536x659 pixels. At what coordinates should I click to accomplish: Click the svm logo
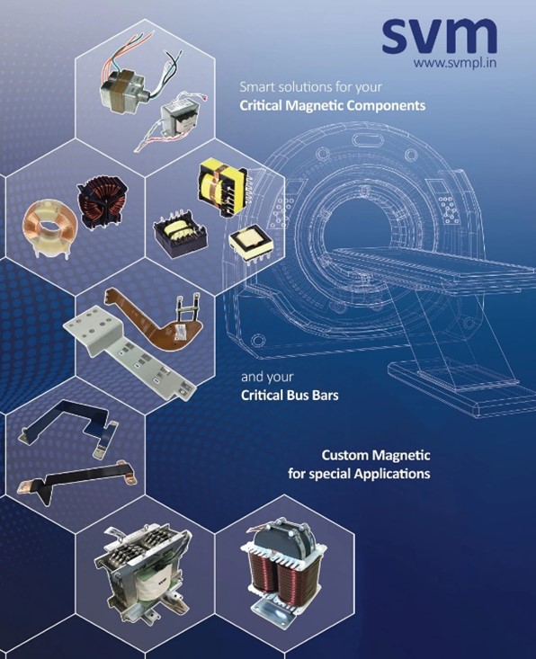(x=439, y=36)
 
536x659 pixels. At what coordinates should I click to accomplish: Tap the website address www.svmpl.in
(x=455, y=64)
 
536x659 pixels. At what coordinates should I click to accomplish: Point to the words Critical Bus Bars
(x=290, y=395)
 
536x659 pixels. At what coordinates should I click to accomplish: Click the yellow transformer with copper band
(x=222, y=187)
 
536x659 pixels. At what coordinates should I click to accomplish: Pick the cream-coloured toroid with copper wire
(x=49, y=227)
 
